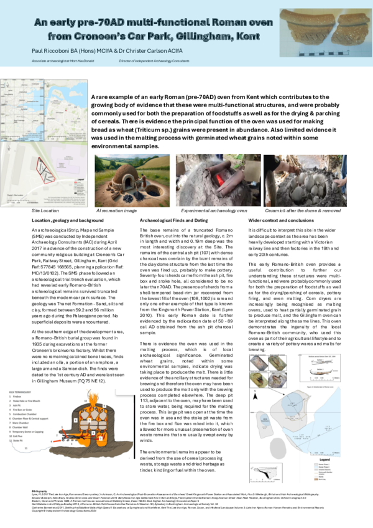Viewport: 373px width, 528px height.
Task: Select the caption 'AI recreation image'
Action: point(118,212)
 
